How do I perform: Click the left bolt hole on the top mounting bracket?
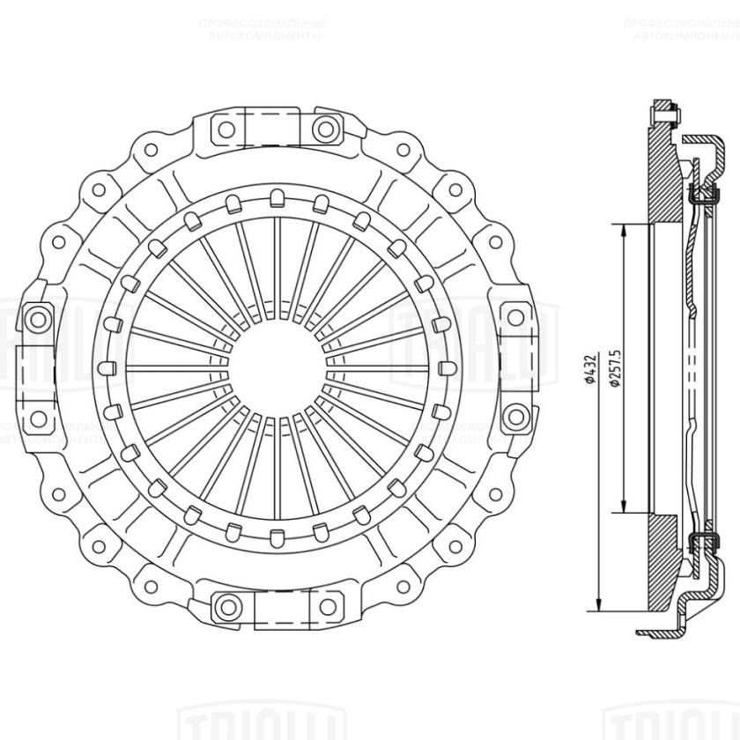[x=226, y=129]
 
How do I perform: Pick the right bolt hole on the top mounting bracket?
[x=325, y=129]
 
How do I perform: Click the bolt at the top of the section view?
[x=662, y=112]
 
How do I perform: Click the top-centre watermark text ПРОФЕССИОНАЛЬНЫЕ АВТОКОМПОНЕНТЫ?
[x=263, y=31]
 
